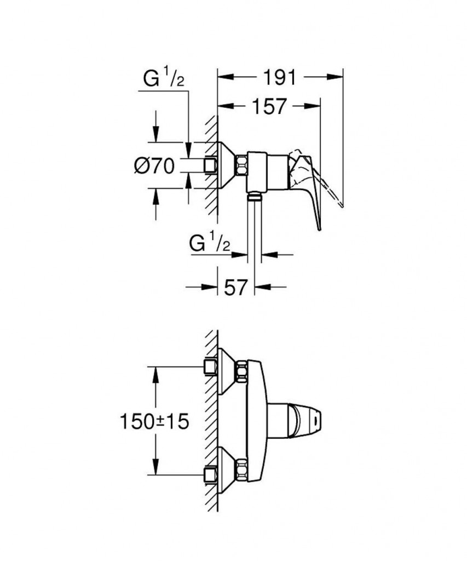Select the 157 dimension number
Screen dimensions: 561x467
(268, 107)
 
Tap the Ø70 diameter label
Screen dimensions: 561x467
(154, 165)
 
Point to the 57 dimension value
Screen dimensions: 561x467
(237, 287)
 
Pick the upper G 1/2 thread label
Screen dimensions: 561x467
(164, 80)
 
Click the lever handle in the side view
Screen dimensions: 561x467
(310, 186)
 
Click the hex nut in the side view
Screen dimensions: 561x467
(240, 165)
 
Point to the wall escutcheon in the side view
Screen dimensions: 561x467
(226, 165)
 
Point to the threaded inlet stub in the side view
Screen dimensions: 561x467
(210, 165)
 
